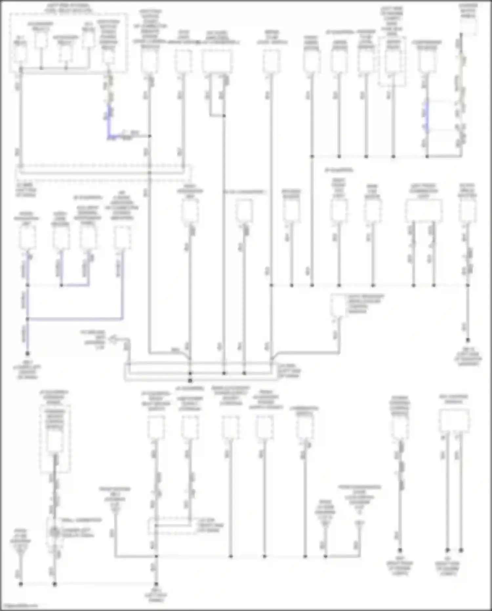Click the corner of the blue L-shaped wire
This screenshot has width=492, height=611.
tap(109, 136)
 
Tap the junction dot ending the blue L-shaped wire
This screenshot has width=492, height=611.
tap(150, 136)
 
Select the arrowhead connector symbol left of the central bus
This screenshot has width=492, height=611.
tap(113, 338)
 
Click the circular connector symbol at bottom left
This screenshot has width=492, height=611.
tap(54, 532)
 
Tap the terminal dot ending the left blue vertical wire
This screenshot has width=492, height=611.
tap(28, 354)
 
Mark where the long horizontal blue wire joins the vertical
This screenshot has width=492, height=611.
tap(28, 319)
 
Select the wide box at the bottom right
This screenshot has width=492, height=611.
tap(454, 421)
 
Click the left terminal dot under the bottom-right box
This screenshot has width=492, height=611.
tap(447, 550)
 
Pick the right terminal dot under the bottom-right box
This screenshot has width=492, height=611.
tap(461, 550)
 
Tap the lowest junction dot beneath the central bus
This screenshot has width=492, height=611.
tap(190, 381)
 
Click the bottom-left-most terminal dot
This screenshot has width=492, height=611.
tap(21, 584)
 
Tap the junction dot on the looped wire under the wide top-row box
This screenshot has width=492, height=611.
tap(224, 116)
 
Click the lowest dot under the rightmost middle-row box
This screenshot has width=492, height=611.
tap(468, 340)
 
